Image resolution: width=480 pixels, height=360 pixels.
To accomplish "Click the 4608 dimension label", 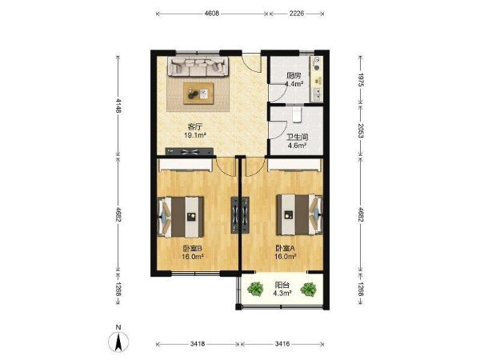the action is [212, 14].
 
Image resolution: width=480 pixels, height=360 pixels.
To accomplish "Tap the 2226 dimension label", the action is [296, 14].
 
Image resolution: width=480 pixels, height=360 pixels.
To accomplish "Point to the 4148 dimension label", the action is [118, 106].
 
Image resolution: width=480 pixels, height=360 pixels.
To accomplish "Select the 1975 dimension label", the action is [361, 80].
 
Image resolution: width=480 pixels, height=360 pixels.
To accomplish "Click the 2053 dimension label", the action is [361, 130].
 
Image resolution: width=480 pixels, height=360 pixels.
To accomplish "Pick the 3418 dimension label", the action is [198, 344].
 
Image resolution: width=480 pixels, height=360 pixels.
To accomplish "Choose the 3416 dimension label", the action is [282, 344].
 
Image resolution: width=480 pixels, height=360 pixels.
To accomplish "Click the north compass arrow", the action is [118, 342].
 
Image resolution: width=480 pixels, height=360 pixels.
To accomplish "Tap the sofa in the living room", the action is [198, 66].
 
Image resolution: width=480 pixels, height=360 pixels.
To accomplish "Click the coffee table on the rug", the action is [198, 94].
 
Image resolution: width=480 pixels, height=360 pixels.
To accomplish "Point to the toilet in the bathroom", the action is [297, 114].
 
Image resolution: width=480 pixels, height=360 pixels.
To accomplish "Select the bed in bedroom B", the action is [180, 217].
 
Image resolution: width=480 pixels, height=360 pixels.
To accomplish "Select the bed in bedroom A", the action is [300, 214].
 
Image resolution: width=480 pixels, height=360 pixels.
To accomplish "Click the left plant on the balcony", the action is [255, 289].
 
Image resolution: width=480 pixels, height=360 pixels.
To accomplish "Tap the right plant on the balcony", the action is [308, 289].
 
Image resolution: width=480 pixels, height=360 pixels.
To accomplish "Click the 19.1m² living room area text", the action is [194, 135].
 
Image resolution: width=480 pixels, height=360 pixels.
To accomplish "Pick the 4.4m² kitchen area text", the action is [294, 84].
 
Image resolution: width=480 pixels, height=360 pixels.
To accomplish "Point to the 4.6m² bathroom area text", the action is [298, 145].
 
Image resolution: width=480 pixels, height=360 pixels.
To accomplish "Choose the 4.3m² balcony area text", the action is [282, 293].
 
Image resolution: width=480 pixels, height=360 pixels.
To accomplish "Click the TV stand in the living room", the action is [190, 151].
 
